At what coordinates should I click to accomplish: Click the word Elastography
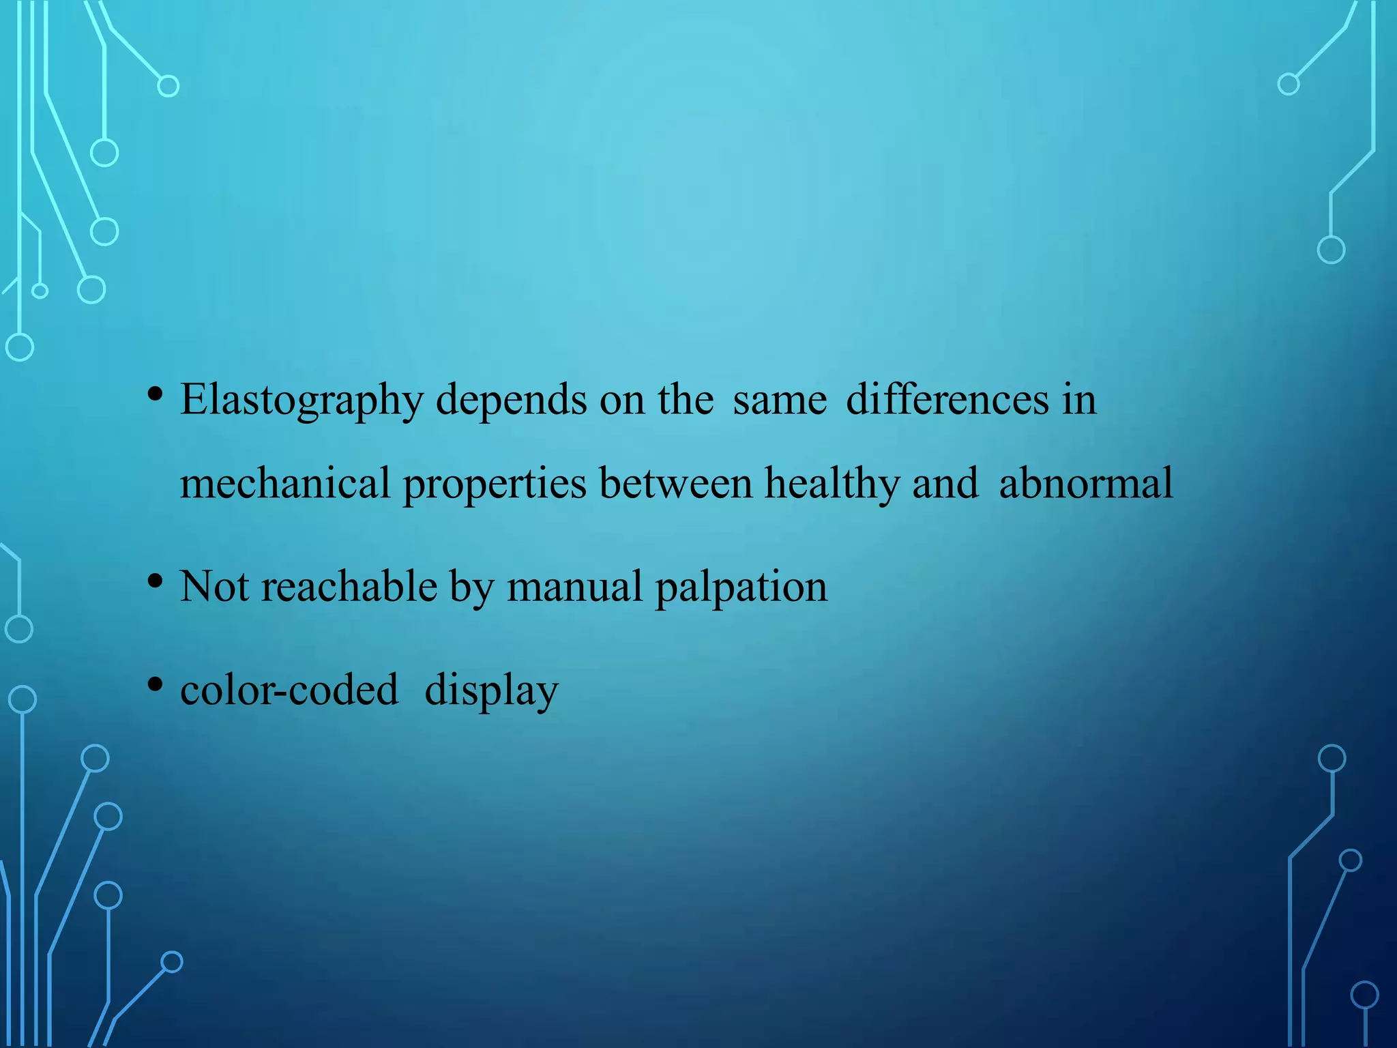coord(302,401)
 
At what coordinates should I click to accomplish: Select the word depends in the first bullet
coord(511,401)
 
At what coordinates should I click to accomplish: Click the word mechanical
coord(285,484)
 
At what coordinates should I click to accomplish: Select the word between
coord(676,484)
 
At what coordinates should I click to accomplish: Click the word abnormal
coord(1086,484)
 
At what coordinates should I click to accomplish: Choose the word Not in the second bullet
coord(214,586)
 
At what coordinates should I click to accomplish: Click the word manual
coord(574,586)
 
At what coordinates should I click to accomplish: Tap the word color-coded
coord(289,690)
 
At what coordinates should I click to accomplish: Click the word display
coord(491,691)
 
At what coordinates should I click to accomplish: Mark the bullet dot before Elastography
coord(156,394)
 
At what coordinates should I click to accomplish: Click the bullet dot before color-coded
coord(156,684)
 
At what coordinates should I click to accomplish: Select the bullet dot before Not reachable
coord(156,581)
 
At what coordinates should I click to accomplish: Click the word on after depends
coord(621,401)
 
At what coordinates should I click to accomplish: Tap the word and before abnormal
coord(945,484)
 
